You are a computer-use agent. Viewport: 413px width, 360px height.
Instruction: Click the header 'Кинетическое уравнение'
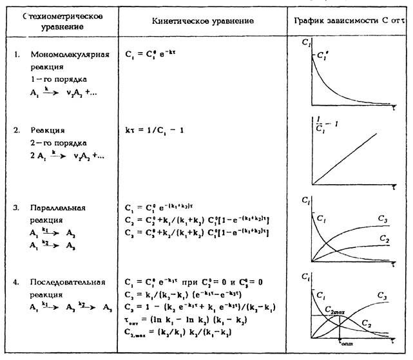204,21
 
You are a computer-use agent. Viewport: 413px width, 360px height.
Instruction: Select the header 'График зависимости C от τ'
347,21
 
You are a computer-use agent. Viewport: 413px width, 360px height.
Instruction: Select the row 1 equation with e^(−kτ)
150,55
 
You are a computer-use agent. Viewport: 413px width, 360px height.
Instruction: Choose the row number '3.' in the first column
17,209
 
